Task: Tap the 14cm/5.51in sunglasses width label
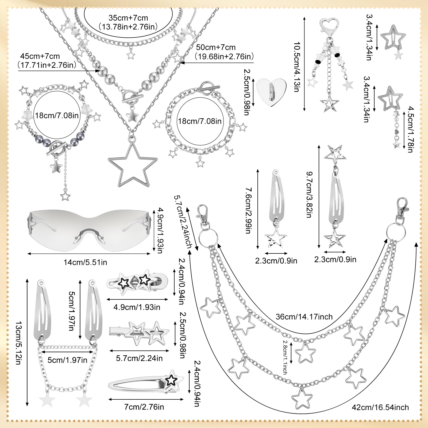[85, 262]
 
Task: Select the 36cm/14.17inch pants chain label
[304, 317]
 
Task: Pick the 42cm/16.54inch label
[380, 407]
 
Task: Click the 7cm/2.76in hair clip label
[144, 407]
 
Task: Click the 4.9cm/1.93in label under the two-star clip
[137, 307]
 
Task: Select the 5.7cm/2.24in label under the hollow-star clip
[139, 358]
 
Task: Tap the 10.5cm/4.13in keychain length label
[297, 67]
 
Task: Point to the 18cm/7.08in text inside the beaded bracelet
[57, 115]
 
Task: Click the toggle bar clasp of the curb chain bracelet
[209, 88]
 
